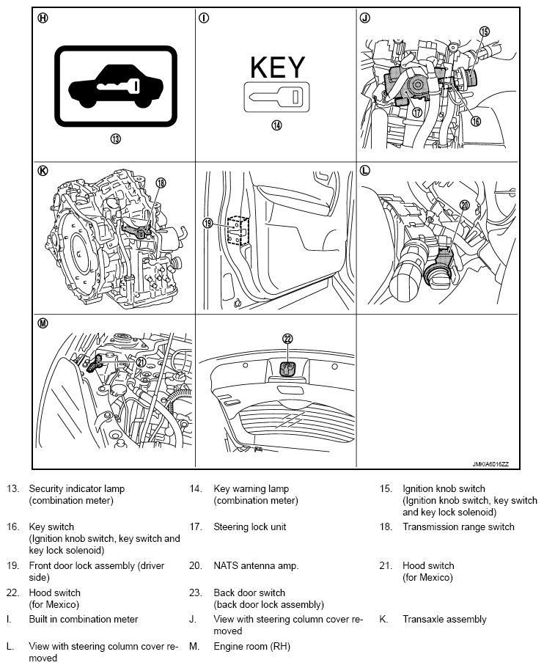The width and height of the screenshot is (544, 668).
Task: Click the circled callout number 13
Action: (115, 139)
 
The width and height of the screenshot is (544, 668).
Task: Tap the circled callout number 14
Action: (277, 125)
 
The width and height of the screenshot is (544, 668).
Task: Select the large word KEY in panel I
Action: (277, 67)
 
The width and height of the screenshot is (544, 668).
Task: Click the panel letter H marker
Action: (43, 18)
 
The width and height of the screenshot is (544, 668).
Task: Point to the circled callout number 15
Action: (485, 32)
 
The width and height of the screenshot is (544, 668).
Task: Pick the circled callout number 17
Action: (416, 112)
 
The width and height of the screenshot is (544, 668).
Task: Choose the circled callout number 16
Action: (475, 122)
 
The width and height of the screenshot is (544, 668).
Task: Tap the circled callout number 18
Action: (161, 183)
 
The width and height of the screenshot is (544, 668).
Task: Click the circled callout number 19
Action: (207, 223)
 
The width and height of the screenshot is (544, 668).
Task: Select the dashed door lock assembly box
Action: (238, 231)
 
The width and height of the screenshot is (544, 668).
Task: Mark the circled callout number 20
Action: (465, 205)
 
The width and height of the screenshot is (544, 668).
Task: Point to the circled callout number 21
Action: (141, 361)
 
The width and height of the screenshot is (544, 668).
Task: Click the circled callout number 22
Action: (288, 339)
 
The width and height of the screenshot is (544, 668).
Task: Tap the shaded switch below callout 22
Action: (288, 369)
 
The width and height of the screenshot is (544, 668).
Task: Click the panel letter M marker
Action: (43, 323)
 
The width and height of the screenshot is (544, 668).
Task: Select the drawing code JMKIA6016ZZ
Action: (490, 464)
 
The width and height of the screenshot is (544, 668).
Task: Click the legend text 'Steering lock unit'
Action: (249, 527)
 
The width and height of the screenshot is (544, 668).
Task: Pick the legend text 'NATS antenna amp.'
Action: (256, 566)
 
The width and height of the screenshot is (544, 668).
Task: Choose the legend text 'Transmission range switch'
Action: (458, 527)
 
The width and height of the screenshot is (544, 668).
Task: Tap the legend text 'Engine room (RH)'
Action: (251, 647)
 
